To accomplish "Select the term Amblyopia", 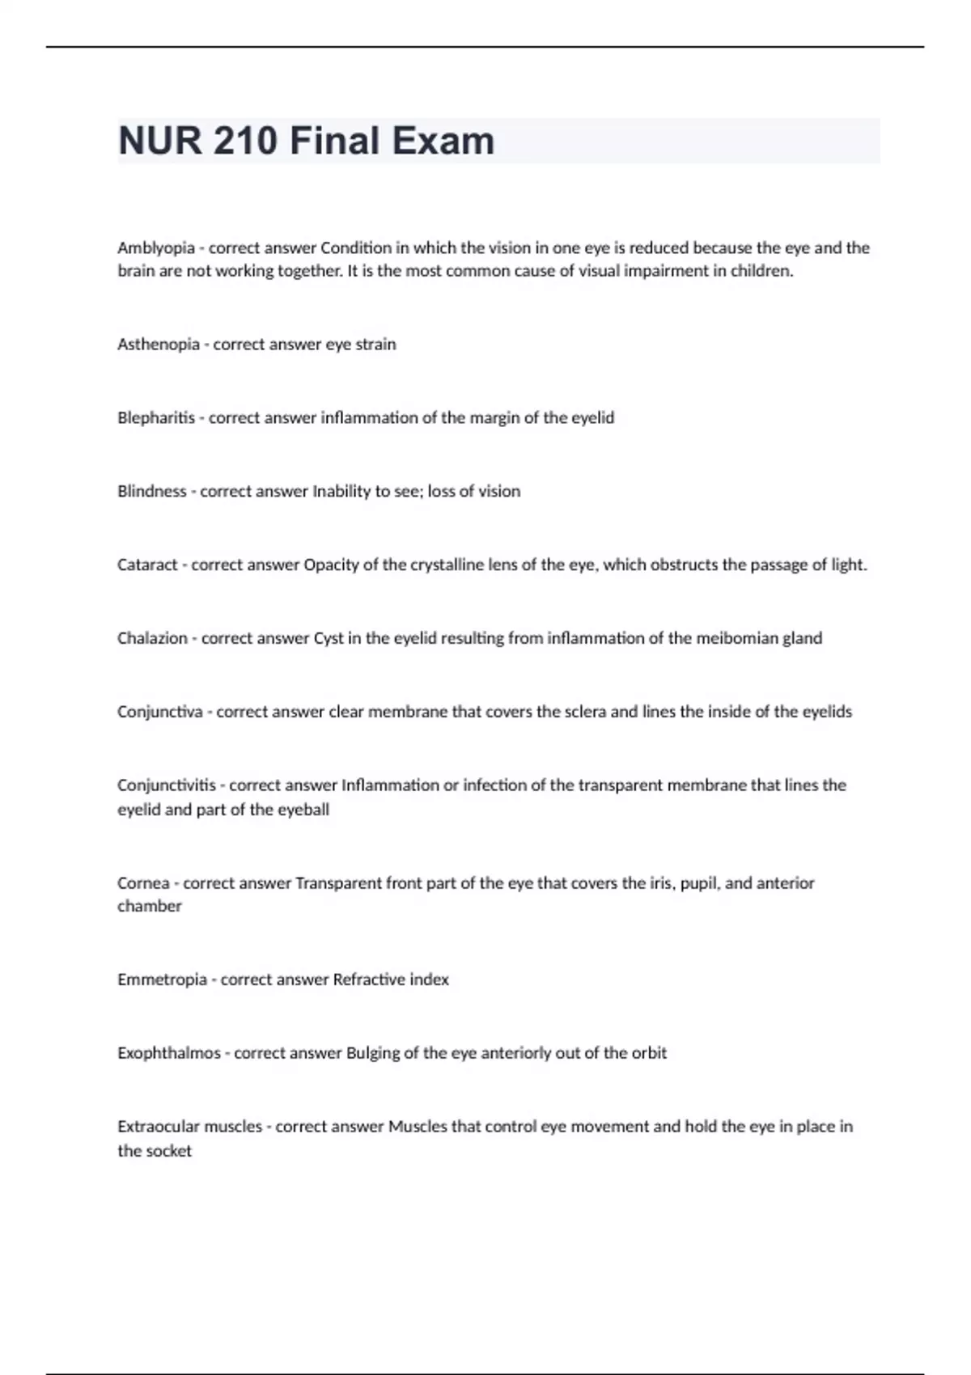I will [155, 248].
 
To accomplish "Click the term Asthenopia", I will [158, 345].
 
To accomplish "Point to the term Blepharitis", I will [155, 418].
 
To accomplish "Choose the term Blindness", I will [151, 492].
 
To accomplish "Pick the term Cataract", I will [146, 565].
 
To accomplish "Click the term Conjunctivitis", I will [166, 785].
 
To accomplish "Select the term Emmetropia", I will [162, 980].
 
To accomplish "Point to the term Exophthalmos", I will [168, 1054].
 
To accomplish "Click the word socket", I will [170, 1151].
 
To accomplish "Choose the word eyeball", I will [303, 810].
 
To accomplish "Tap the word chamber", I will [149, 907].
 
